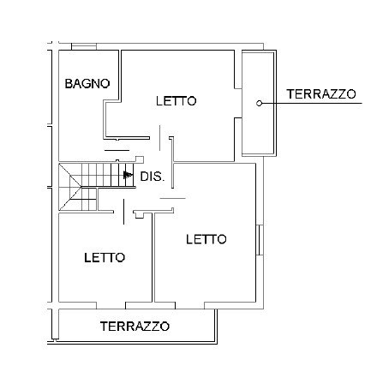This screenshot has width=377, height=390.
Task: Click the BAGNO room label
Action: pyautogui.click(x=87, y=84)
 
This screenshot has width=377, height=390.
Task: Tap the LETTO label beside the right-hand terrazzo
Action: pyautogui.click(x=177, y=101)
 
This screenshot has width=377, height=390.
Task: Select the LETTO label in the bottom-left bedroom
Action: pyautogui.click(x=105, y=258)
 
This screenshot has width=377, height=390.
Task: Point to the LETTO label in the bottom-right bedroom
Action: pyautogui.click(x=206, y=239)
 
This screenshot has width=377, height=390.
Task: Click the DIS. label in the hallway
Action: pyautogui.click(x=153, y=177)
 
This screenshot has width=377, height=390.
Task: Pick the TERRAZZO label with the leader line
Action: pyautogui.click(x=321, y=94)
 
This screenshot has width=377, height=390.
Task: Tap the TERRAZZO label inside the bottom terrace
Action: pyautogui.click(x=135, y=326)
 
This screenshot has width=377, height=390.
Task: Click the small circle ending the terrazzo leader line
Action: pyautogui.click(x=259, y=104)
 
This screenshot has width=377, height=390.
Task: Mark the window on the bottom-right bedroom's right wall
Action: pyautogui.click(x=260, y=240)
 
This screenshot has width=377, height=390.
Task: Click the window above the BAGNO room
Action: pyautogui.click(x=84, y=46)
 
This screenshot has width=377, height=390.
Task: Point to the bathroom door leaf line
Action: pyautogui.click(x=117, y=150)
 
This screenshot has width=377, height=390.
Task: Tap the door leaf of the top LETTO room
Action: pyautogui.click(x=159, y=138)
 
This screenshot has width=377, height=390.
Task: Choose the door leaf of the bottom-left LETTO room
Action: pyautogui.click(x=123, y=212)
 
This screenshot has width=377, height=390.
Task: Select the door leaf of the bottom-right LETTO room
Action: pyautogui.click(x=172, y=198)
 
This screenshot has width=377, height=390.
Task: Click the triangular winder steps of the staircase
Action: pyautogui.click(x=70, y=187)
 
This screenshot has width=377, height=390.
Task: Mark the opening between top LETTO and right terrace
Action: pyautogui.click(x=238, y=103)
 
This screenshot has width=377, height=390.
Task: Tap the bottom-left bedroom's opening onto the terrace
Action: pyautogui.click(x=111, y=305)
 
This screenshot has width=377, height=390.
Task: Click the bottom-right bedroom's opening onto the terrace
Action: pyautogui.click(x=189, y=305)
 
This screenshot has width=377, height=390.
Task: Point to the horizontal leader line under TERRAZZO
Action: pyautogui.click(x=312, y=103)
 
